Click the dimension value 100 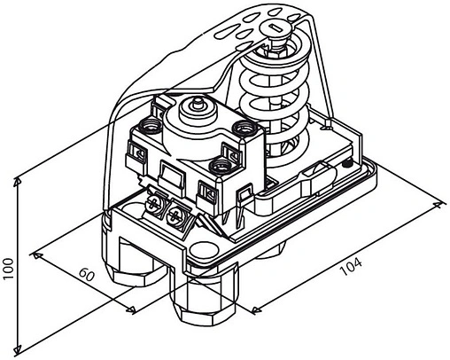[x=9, y=267]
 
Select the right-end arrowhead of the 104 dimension [x=440, y=206]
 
